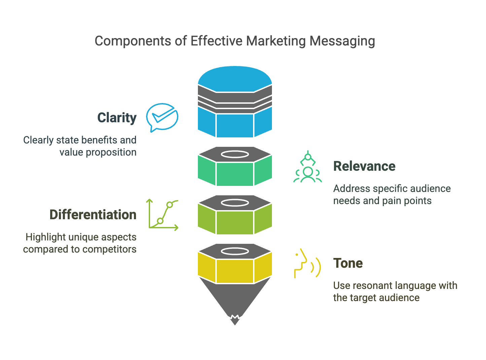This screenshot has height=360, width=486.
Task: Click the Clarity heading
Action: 117,118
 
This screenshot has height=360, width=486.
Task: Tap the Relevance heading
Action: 364,166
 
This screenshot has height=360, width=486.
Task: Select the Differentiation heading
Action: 93,215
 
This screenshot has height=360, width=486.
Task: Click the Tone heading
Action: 348,263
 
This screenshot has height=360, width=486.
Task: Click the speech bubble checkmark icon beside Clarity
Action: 162,117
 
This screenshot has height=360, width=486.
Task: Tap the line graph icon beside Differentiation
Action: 163,215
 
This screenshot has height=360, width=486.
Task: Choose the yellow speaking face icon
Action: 307,263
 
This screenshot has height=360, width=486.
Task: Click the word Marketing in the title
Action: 276,41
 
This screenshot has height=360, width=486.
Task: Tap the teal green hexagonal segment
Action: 235,173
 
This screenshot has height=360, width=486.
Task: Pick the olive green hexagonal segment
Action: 235,222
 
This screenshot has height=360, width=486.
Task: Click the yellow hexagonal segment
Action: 235,270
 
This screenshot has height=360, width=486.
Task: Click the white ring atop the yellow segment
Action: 235,251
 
